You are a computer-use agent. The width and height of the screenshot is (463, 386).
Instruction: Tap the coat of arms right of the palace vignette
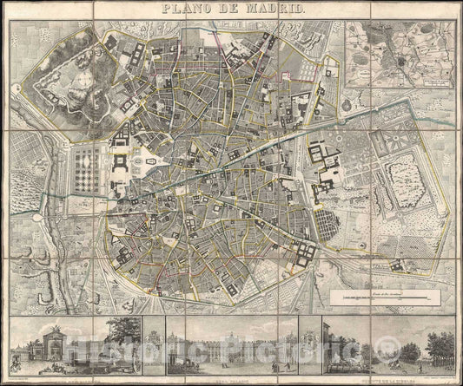308,343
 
